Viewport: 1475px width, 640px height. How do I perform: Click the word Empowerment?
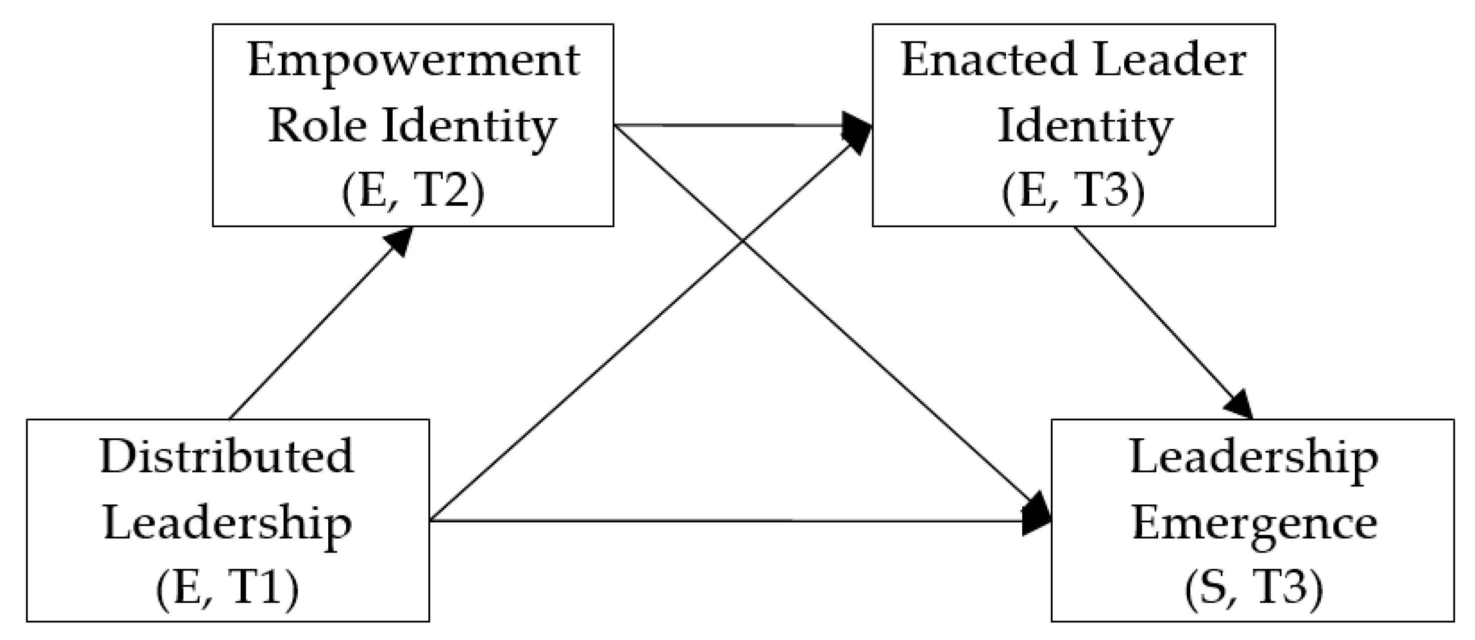413,62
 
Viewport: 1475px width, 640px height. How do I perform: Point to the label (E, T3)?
1073,192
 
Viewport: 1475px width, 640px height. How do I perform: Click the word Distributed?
227,458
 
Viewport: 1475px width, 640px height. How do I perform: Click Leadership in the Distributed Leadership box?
227,523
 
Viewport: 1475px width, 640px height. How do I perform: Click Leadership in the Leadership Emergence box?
1254,458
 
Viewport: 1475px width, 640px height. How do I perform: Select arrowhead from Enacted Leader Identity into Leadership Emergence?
1240,406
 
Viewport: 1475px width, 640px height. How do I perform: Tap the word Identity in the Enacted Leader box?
1085,127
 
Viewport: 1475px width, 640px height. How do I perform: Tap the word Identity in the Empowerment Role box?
468,127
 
